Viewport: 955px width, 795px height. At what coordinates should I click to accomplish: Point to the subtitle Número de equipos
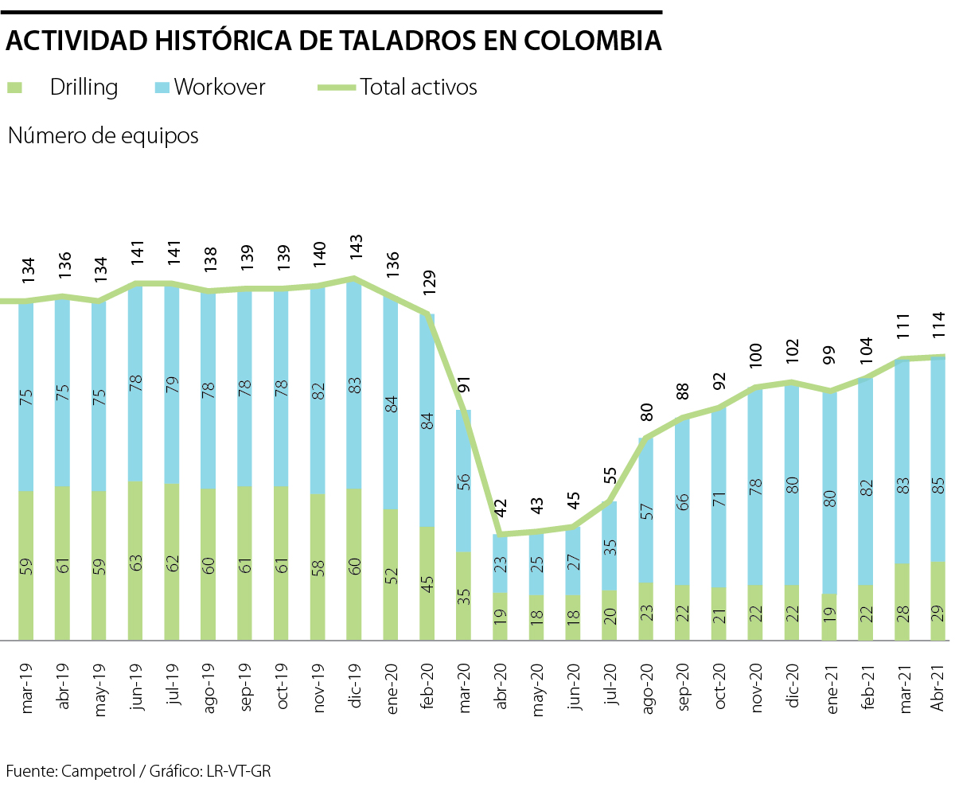[x=103, y=135]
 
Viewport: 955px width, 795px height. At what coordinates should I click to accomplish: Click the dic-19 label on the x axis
[x=355, y=678]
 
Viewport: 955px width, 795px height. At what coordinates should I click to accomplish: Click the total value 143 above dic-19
[x=355, y=251]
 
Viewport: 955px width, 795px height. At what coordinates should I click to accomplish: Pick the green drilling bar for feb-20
[x=427, y=583]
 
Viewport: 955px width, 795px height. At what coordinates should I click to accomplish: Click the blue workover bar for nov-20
[x=754, y=485]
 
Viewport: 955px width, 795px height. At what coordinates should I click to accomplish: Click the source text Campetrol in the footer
[x=92, y=771]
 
